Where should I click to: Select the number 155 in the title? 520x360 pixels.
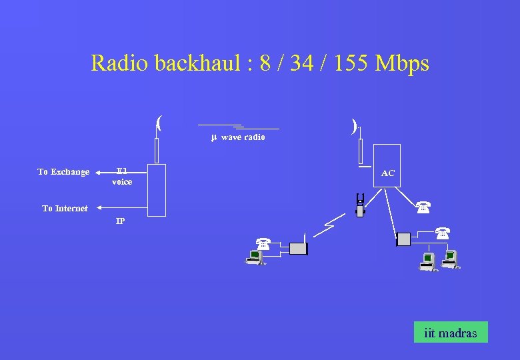click(349, 63)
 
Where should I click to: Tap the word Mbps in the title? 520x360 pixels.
click(402, 63)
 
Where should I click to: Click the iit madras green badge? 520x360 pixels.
click(451, 333)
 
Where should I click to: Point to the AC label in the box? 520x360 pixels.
click(388, 173)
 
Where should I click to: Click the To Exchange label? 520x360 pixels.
click(63, 172)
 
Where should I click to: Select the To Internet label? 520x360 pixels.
click(65, 209)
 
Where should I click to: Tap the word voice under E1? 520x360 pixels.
click(122, 182)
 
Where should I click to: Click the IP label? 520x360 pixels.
click(120, 221)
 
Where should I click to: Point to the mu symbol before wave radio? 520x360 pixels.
click(214, 137)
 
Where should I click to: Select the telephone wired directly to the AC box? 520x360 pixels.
click(423, 207)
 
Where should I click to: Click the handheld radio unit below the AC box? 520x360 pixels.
click(360, 205)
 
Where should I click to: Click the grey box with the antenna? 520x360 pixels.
click(298, 249)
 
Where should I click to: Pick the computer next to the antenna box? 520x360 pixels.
click(255, 257)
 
